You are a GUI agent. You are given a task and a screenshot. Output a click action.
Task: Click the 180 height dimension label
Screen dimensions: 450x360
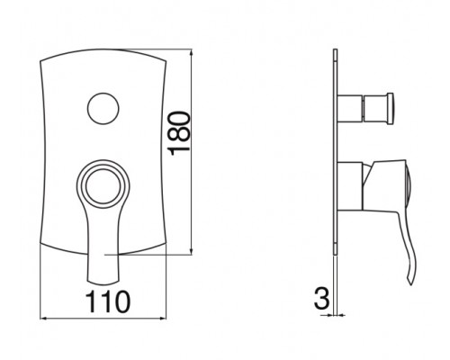[180, 134]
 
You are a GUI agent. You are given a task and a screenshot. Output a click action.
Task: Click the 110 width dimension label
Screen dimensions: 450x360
[108, 302]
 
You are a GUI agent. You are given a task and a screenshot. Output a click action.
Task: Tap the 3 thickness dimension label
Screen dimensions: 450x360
[322, 299]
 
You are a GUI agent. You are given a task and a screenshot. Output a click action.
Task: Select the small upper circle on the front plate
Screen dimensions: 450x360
[103, 108]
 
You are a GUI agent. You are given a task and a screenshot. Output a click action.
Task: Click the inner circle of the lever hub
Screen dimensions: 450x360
[103, 186]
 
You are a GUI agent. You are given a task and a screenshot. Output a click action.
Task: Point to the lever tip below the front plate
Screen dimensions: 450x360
[103, 282]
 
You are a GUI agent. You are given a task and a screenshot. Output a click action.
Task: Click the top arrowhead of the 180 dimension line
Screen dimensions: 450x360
[191, 53]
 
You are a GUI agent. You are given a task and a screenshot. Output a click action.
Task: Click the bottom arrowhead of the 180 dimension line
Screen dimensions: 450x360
[191, 251]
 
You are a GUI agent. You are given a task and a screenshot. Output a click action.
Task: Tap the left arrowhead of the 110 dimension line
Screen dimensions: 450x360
[44, 319]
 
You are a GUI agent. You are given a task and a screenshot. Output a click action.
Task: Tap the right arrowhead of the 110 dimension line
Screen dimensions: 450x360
[162, 319]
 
